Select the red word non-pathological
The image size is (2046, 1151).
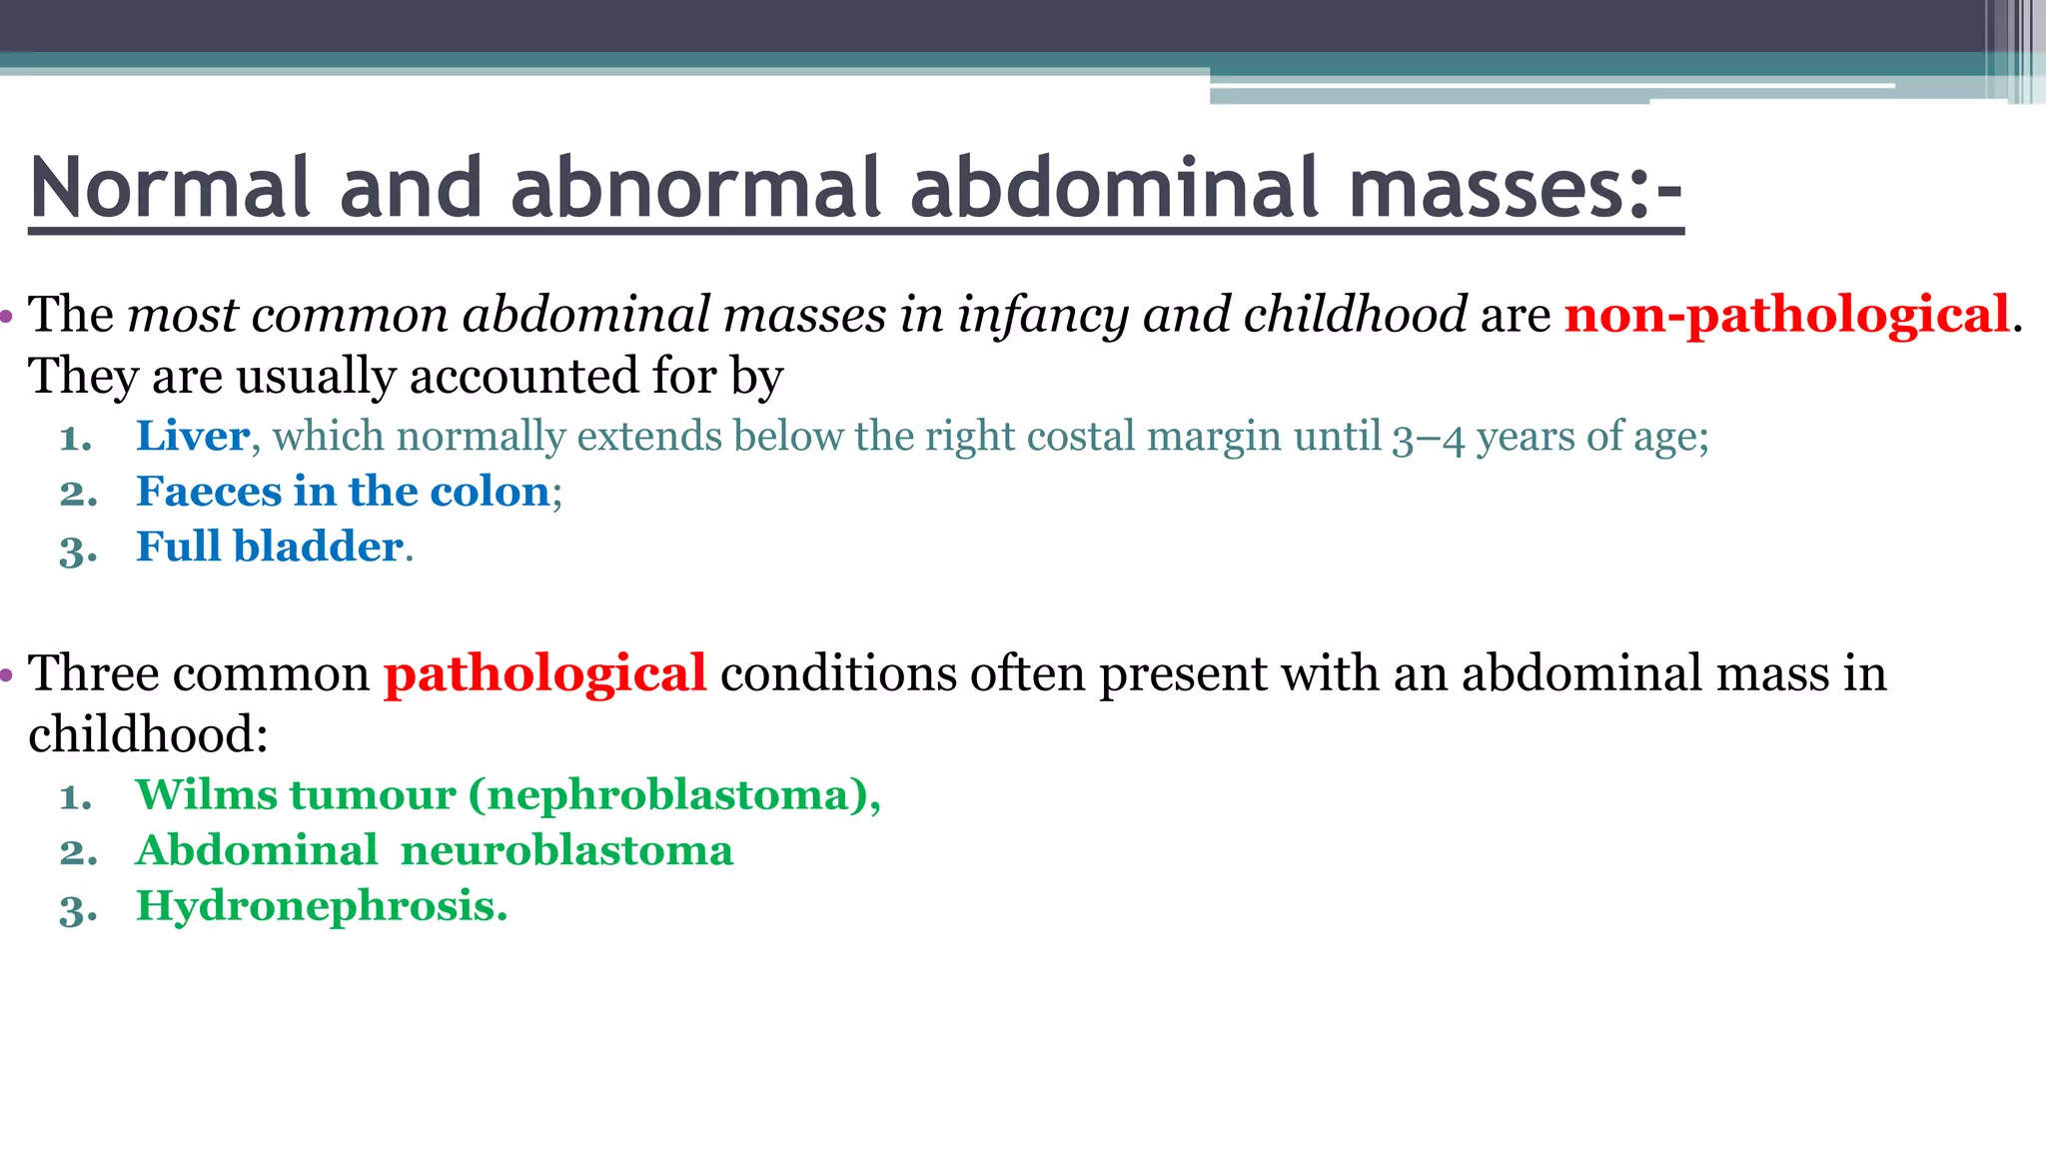(1786, 315)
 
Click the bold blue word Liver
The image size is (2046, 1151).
(193, 437)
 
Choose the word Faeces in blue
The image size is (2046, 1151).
(209, 492)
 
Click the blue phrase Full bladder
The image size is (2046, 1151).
(270, 547)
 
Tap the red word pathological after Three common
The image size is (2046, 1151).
(545, 673)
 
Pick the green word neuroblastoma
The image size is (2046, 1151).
(566, 851)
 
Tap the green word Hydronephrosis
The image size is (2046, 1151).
(321, 907)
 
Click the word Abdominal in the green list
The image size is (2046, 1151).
(257, 851)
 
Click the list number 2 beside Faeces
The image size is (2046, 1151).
(77, 494)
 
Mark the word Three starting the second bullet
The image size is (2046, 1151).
(94, 673)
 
